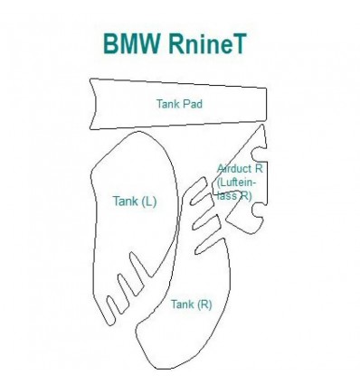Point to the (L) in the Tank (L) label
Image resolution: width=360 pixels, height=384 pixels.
click(x=148, y=201)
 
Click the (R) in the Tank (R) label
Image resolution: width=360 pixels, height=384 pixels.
click(x=204, y=304)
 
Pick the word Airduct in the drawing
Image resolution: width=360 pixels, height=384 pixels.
click(x=235, y=168)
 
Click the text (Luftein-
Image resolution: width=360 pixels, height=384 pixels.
click(x=236, y=182)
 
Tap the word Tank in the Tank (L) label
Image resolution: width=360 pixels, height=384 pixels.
click(x=125, y=201)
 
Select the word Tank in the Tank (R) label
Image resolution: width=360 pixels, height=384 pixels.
click(x=181, y=304)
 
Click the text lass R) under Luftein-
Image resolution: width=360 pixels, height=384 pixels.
click(x=234, y=194)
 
